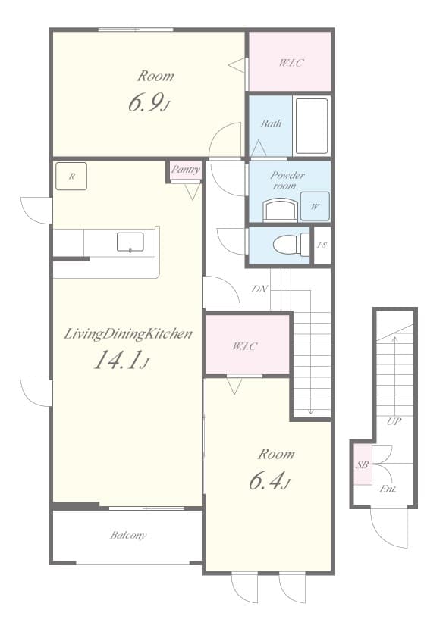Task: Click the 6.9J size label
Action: click(149, 104)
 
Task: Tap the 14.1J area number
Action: click(121, 361)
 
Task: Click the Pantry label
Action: click(185, 170)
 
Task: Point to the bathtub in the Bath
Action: click(311, 125)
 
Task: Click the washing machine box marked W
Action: click(314, 205)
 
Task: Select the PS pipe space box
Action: click(322, 245)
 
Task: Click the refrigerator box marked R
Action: click(71, 177)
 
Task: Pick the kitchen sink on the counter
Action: click(130, 242)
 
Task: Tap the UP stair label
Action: click(393, 421)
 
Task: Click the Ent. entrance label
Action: click(389, 489)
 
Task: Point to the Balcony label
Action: click(127, 536)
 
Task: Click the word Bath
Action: click(271, 123)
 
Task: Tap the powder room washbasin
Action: click(280, 209)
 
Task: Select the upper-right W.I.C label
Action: click(290, 62)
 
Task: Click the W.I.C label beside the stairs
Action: click(246, 346)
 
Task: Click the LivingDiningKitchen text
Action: click(127, 333)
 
